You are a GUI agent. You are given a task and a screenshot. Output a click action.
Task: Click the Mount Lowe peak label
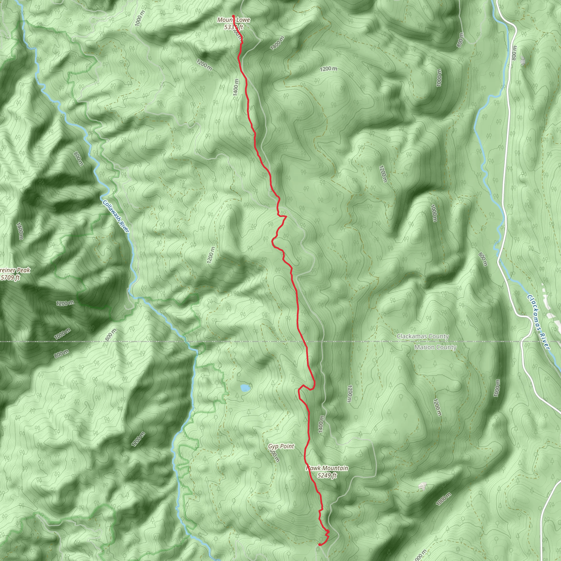(233, 20)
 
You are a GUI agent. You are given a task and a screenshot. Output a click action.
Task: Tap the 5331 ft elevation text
(233, 27)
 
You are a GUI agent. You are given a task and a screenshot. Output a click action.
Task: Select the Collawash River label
(116, 216)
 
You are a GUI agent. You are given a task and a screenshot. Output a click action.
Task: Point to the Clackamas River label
(538, 322)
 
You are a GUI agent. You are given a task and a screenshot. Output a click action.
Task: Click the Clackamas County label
(422, 336)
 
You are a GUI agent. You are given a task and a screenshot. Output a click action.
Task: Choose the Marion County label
(435, 347)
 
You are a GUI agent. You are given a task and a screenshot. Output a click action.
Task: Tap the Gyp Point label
(281, 446)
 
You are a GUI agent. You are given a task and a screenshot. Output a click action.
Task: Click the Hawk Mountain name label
(327, 468)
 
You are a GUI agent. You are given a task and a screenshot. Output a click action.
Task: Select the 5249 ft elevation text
(327, 475)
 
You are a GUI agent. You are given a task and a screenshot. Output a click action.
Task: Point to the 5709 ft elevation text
(10, 277)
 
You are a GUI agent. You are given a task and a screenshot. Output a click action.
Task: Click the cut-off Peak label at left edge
(15, 270)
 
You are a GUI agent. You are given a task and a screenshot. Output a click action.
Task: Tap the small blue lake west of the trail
(245, 388)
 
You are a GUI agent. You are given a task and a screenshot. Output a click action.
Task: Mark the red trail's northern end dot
(233, 16)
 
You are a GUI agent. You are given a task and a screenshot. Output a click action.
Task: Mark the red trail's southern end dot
(319, 545)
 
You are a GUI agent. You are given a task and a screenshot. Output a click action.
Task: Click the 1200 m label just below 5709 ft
(65, 304)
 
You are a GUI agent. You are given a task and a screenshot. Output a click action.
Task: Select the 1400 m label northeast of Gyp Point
(320, 424)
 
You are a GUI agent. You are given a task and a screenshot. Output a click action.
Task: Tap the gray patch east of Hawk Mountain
(422, 485)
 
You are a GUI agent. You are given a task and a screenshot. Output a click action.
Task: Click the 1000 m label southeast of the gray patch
(443, 499)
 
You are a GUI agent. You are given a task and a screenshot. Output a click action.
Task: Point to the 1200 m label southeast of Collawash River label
(211, 255)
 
